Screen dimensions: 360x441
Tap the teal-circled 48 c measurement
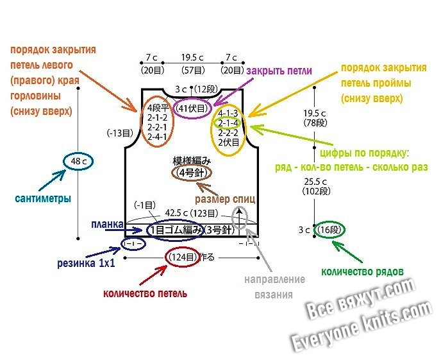[79, 162]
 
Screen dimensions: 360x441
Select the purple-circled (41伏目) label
[192, 108]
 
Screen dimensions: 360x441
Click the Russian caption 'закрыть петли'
[279, 71]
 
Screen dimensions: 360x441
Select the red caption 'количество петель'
[146, 293]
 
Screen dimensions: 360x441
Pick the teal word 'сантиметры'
[43, 198]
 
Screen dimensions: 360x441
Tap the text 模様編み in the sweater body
[192, 160]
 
